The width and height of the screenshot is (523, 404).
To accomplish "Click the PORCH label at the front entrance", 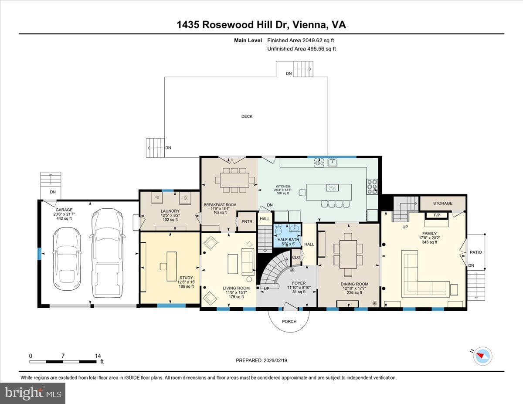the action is coord(289,322).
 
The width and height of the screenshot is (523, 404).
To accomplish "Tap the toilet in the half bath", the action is coord(278,230).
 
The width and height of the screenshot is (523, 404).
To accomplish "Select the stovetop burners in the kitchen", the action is coord(372,186).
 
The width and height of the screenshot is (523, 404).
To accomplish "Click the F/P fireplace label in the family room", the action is coord(437,215).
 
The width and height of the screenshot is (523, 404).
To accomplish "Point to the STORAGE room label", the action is coord(443,204).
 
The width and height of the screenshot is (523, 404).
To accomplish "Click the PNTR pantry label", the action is coord(247,221).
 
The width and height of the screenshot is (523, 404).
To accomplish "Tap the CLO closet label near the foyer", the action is coord(296,257).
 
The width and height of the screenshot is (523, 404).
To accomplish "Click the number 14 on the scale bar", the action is coord(98,356).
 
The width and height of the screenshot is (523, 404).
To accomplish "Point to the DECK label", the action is coord(247,116).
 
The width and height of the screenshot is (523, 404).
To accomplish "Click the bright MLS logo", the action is coord(33,393).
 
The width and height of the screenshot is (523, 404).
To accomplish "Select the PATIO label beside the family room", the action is coord(476,252).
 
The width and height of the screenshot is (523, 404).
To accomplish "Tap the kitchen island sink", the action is coord(332,188).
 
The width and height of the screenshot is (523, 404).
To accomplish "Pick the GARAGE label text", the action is coord(64,210).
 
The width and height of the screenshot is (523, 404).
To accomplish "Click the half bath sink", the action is coord(294,227).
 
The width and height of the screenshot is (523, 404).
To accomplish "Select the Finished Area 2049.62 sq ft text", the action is coord(301,41).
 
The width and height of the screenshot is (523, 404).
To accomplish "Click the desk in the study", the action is coord(172,266).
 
